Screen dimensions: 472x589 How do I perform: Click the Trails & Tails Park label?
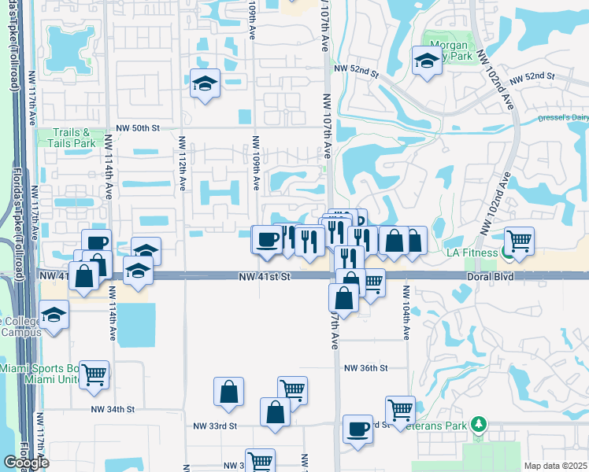tap(76, 138)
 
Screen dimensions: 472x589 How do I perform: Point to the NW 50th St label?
tap(138, 127)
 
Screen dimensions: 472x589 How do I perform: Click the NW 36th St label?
tap(366, 367)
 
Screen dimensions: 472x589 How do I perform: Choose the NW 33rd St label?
tap(216, 426)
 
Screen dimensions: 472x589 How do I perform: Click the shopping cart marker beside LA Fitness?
tap(519, 241)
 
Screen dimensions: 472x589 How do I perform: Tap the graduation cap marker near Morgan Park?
tap(427, 61)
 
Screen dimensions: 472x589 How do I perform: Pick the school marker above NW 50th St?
tap(205, 83)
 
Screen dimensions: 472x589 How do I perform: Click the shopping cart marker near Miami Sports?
tap(94, 374)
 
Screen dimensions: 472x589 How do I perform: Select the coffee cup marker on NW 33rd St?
tap(358, 430)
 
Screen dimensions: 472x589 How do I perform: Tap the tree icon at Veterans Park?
tap(477, 425)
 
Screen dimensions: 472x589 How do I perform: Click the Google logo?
tap(26, 463)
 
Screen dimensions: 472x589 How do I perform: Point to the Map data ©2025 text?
tap(556, 466)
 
